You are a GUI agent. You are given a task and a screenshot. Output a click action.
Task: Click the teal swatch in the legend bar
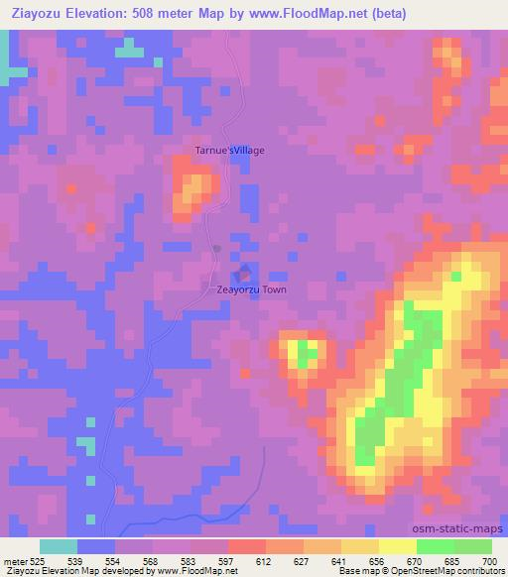click(x=59, y=546)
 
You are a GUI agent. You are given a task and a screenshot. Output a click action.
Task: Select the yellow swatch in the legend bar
click(x=397, y=546)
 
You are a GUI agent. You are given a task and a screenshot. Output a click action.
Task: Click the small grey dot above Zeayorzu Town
click(x=216, y=249)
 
